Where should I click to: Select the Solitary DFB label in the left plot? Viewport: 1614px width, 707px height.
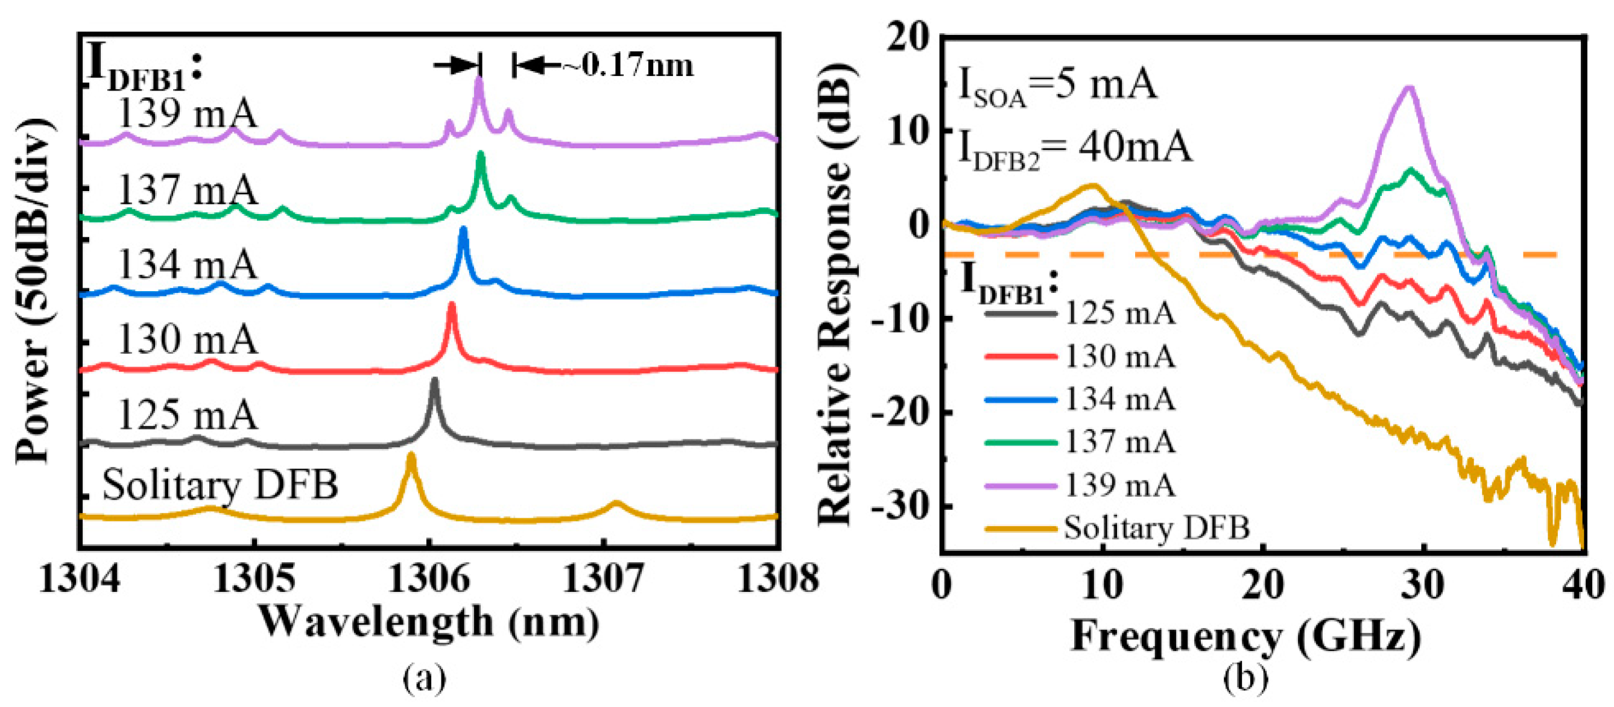click(x=220, y=484)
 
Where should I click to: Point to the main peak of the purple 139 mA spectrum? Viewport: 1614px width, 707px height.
click(x=479, y=79)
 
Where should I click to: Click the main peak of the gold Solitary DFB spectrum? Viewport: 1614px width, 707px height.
click(x=411, y=455)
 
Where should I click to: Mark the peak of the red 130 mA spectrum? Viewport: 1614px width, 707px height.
click(x=451, y=305)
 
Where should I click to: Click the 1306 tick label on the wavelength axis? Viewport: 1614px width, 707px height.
click(x=429, y=579)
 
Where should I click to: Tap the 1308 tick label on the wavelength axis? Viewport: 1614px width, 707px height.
click(x=777, y=579)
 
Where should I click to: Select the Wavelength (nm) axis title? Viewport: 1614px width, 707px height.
click(x=429, y=622)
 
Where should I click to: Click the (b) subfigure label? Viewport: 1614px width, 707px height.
click(x=1245, y=679)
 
